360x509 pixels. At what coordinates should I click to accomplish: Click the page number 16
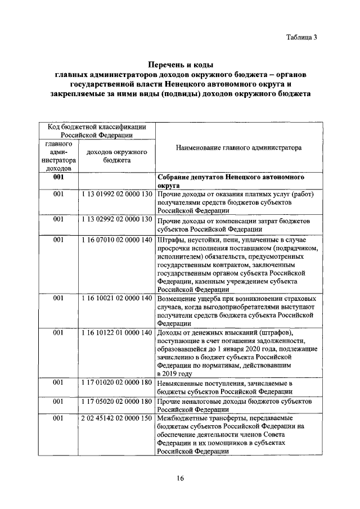pos(181,479)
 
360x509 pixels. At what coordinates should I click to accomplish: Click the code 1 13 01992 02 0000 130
pos(117,195)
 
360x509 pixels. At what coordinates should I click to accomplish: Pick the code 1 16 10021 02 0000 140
pos(117,299)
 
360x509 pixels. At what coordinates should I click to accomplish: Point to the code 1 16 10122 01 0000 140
pos(117,333)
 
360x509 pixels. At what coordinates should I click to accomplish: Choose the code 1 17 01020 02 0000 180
pos(117,382)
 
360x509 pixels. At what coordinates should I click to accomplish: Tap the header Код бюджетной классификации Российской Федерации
pos(97,131)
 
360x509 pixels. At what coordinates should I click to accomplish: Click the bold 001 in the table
pos(58,177)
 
